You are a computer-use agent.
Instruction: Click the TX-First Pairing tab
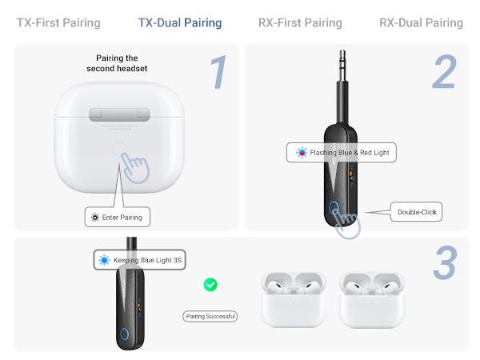pyautogui.click(x=58, y=23)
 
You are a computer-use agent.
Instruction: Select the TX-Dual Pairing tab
pyautogui.click(x=180, y=23)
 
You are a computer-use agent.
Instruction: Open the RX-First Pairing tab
pyautogui.click(x=300, y=23)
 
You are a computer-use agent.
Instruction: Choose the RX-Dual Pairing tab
pyautogui.click(x=421, y=23)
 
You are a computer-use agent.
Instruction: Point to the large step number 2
pyautogui.click(x=444, y=73)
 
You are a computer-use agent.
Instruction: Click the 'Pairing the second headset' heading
pyautogui.click(x=117, y=63)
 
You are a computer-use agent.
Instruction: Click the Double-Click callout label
pyautogui.click(x=416, y=212)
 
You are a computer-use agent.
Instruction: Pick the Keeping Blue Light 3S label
pyautogui.click(x=139, y=260)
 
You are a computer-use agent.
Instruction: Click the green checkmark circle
pyautogui.click(x=210, y=284)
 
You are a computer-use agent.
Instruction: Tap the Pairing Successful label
pyautogui.click(x=210, y=317)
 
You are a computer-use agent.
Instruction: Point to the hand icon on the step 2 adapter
pyautogui.click(x=346, y=221)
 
